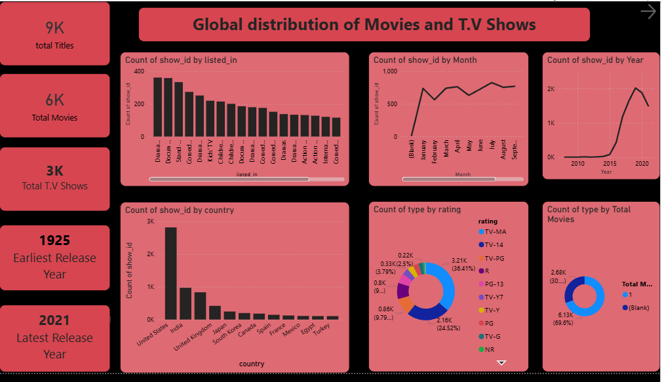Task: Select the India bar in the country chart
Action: coord(185,303)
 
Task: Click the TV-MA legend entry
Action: coord(495,232)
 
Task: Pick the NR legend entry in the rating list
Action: coord(490,349)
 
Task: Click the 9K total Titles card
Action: coord(55,33)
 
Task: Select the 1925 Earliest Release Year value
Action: coord(55,240)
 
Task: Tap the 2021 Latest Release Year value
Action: coord(55,320)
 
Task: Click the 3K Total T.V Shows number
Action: coord(55,171)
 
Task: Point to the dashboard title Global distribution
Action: coord(364,25)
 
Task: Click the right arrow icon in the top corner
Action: coord(648,12)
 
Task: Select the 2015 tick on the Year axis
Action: coord(610,164)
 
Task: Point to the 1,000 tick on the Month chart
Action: coord(389,71)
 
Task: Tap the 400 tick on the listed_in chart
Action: coord(139,71)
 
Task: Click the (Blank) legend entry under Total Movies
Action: coord(637,307)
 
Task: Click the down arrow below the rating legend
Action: coord(502,362)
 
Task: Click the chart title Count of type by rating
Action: coord(417,210)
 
